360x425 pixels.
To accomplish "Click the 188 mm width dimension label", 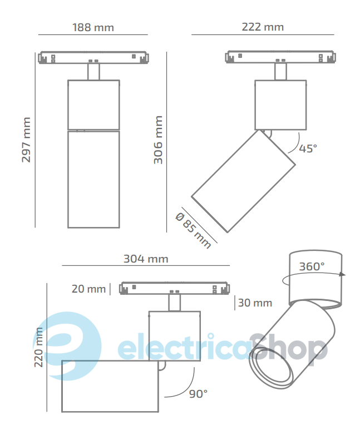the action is pyautogui.click(x=93, y=27).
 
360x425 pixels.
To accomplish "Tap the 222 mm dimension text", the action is pyautogui.click(x=263, y=27).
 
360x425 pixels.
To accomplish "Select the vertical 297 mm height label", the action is pyautogui.click(x=26, y=140).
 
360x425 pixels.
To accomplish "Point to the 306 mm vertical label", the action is pyautogui.click(x=158, y=140).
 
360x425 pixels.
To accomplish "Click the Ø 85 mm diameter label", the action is pyautogui.click(x=193, y=231).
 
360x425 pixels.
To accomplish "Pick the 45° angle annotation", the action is pyautogui.click(x=308, y=149).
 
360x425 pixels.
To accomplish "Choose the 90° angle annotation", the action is pyautogui.click(x=198, y=394).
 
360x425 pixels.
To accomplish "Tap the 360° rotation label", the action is pyautogui.click(x=312, y=266).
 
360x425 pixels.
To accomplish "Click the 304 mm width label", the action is pyautogui.click(x=146, y=259).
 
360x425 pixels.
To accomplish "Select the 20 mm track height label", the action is pyautogui.click(x=88, y=289).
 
